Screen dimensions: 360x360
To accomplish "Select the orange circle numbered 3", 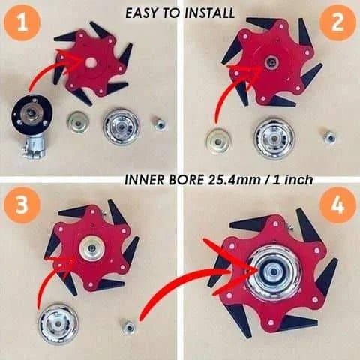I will click(x=25, y=207).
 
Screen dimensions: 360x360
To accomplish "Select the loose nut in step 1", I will click(x=160, y=123).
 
